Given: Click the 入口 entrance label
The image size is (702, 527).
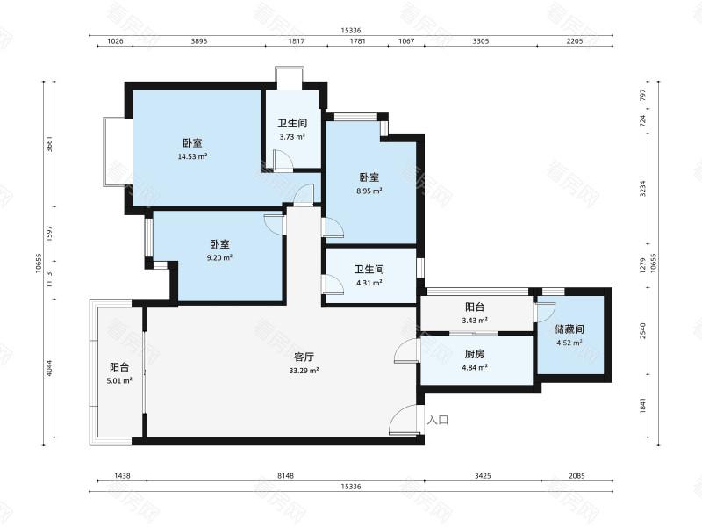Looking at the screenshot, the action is pyautogui.click(x=438, y=420).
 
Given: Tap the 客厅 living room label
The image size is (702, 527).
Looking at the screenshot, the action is pyautogui.click(x=304, y=357).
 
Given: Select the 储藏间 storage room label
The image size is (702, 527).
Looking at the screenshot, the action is pyautogui.click(x=569, y=329).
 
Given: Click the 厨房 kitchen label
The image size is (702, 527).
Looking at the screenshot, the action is pyautogui.click(x=475, y=354).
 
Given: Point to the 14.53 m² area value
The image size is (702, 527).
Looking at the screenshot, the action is pyautogui.click(x=192, y=157).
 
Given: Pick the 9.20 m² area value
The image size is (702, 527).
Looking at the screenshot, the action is pyautogui.click(x=219, y=258).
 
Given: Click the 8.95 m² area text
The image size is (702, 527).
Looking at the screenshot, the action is pyautogui.click(x=369, y=191).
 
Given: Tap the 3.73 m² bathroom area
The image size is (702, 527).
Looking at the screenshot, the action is pyautogui.click(x=292, y=137).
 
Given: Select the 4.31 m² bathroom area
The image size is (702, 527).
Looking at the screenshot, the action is pyautogui.click(x=369, y=283).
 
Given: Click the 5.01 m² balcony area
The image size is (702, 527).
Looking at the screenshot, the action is pyautogui.click(x=119, y=381).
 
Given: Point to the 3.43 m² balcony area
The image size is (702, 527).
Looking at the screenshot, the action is pyautogui.click(x=475, y=321).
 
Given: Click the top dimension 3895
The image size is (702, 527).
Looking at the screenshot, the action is pyautogui.click(x=199, y=41).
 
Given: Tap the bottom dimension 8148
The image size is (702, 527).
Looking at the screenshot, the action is pyautogui.click(x=285, y=476).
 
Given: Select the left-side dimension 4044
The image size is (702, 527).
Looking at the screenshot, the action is pyautogui.click(x=50, y=368).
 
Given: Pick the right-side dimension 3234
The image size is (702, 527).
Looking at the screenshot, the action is pyautogui.click(x=643, y=189).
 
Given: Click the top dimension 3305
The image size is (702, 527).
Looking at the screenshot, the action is pyautogui.click(x=481, y=41).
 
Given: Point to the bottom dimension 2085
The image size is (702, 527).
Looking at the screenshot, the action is pyautogui.click(x=577, y=476).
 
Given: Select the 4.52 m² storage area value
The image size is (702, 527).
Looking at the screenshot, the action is pyautogui.click(x=569, y=343).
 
